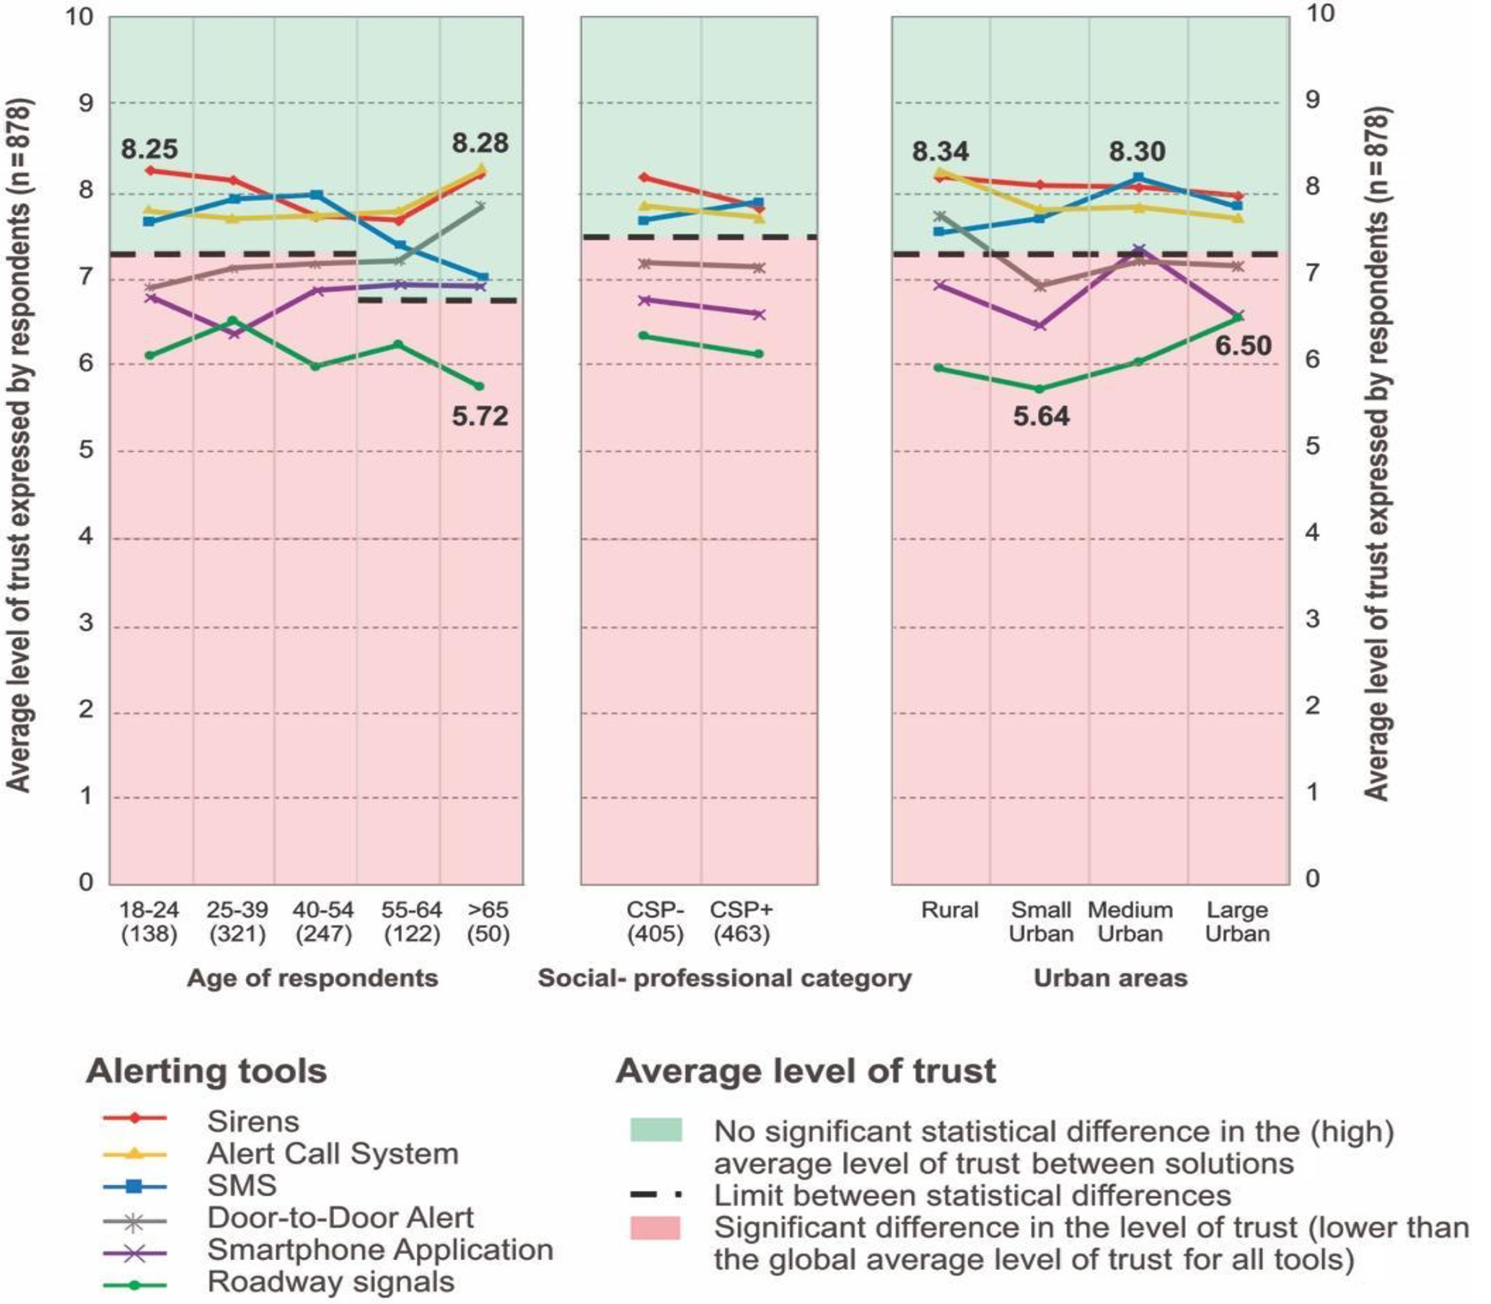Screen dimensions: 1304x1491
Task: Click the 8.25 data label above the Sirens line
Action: [x=149, y=149]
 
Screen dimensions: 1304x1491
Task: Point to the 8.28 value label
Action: [x=480, y=143]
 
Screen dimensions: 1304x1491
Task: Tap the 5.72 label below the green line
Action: [x=480, y=416]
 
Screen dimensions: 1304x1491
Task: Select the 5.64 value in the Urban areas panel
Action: [x=1041, y=416]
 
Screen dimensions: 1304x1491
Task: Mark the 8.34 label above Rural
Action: [x=940, y=151]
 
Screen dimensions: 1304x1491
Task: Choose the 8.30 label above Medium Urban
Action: [x=1136, y=151]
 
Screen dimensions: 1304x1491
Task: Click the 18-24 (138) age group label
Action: [x=149, y=922]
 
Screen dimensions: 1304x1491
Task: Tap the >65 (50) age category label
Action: [x=488, y=922]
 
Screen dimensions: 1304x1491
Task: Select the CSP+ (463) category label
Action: [x=741, y=922]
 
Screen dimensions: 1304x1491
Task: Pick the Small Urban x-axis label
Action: [x=1041, y=922]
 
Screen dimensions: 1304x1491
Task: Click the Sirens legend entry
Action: [x=252, y=1122]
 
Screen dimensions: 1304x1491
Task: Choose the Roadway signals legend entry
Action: [x=330, y=1282]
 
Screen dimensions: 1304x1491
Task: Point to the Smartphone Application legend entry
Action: [x=380, y=1249]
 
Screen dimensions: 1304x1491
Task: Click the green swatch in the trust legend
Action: [x=656, y=1130]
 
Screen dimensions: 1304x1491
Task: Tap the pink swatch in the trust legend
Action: [x=656, y=1228]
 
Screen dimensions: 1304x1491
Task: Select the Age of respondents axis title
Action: [x=312, y=978]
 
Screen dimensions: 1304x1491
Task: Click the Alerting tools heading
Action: [x=206, y=1071]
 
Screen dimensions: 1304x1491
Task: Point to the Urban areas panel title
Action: [x=1110, y=978]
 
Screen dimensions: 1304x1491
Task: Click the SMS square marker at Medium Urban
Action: [x=1139, y=178]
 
